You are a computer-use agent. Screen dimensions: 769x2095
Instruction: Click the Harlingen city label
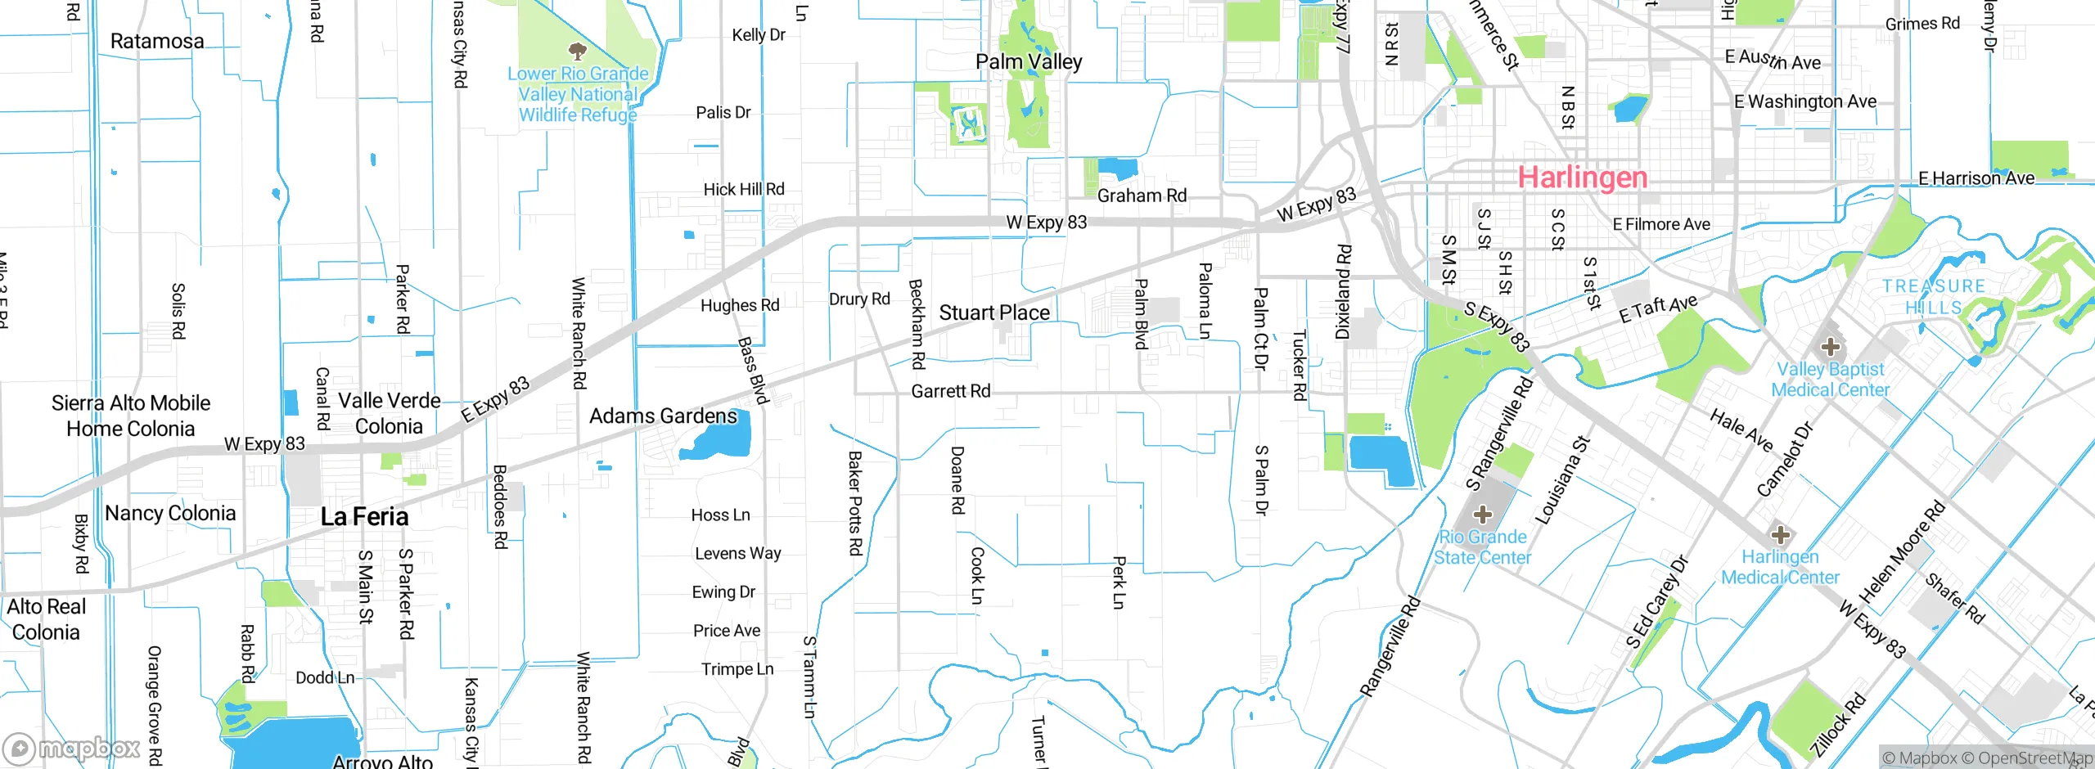tap(1582, 178)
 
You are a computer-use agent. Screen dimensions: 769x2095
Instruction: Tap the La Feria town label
tap(364, 516)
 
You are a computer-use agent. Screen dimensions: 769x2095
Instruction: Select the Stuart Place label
tap(993, 313)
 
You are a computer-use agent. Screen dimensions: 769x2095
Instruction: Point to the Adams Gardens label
tap(663, 416)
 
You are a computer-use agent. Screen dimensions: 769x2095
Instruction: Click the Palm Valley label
tap(1029, 61)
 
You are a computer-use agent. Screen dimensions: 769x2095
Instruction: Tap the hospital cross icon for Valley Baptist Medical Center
tap(1830, 346)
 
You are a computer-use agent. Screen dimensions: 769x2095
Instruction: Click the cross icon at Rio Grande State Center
tap(1482, 515)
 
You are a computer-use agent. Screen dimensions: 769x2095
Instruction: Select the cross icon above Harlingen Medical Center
tap(1780, 535)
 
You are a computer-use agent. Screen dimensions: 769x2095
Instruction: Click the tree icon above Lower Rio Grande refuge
tap(577, 52)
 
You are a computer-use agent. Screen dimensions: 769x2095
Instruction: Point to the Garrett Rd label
tap(950, 391)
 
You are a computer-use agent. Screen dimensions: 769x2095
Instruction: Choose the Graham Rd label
tap(1142, 196)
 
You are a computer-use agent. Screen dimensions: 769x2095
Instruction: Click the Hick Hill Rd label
tap(743, 189)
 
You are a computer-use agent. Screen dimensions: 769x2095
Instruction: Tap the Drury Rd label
tap(859, 299)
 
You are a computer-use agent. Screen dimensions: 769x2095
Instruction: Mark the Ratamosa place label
tap(157, 41)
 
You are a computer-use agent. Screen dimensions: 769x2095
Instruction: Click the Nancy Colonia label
tap(170, 513)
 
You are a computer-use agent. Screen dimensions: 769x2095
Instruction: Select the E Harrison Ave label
tap(1976, 178)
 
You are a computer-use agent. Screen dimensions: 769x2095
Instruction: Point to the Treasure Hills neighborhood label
tap(1933, 296)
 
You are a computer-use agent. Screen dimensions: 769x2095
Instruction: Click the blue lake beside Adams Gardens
tap(720, 442)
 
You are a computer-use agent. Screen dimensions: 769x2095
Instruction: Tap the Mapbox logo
tap(72, 748)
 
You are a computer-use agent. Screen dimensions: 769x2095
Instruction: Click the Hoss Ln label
tap(720, 515)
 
